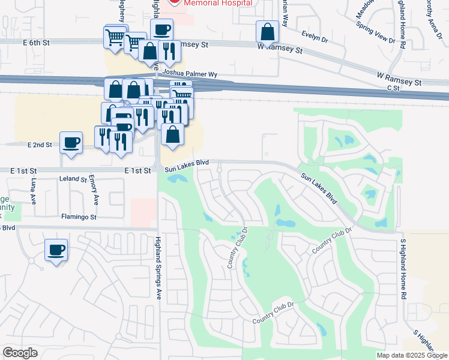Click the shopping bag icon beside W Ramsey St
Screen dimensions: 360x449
pyautogui.click(x=267, y=32)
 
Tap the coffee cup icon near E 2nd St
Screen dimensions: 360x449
pyautogui.click(x=71, y=143)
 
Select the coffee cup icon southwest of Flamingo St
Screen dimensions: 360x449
pyautogui.click(x=56, y=250)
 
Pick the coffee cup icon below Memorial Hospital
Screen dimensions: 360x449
pyautogui.click(x=161, y=29)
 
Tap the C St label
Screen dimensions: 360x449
pyautogui.click(x=393, y=88)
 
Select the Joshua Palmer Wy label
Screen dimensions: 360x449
pyautogui.click(x=190, y=74)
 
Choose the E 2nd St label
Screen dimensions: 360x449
pyautogui.click(x=40, y=145)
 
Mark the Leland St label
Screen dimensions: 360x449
pyautogui.click(x=73, y=179)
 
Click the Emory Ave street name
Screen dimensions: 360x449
pyautogui.click(x=93, y=188)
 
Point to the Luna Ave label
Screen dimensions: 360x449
pyautogui.click(x=33, y=191)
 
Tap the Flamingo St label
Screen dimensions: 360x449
pyautogui.click(x=79, y=216)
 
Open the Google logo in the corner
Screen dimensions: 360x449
pyautogui.click(x=20, y=353)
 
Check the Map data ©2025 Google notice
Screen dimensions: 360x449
pyautogui.click(x=412, y=355)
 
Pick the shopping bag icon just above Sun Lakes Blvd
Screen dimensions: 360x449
pyautogui.click(x=172, y=135)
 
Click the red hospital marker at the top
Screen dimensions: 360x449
pyautogui.click(x=174, y=2)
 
